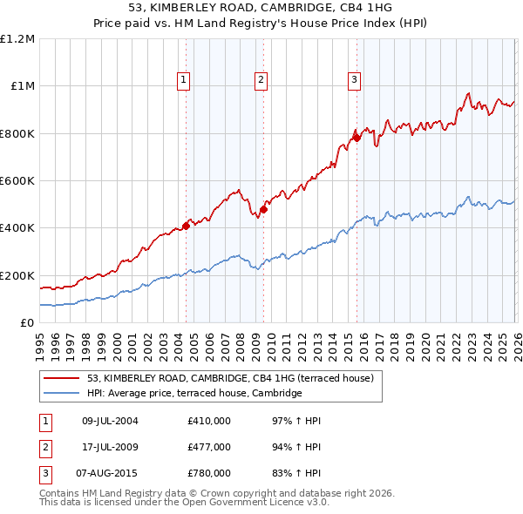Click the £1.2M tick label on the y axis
17,39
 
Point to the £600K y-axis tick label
17,181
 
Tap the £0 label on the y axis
27,322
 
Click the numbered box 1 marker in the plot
185,80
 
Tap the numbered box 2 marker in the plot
261,80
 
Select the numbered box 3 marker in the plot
355,80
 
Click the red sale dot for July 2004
186,227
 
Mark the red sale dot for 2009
263,210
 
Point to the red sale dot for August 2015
357,138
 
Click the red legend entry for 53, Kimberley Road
230,378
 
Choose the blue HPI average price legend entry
194,394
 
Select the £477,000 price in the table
209,447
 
